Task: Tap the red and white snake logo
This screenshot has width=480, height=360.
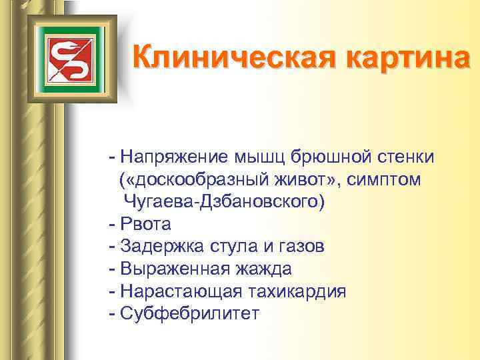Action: point(70,58)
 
